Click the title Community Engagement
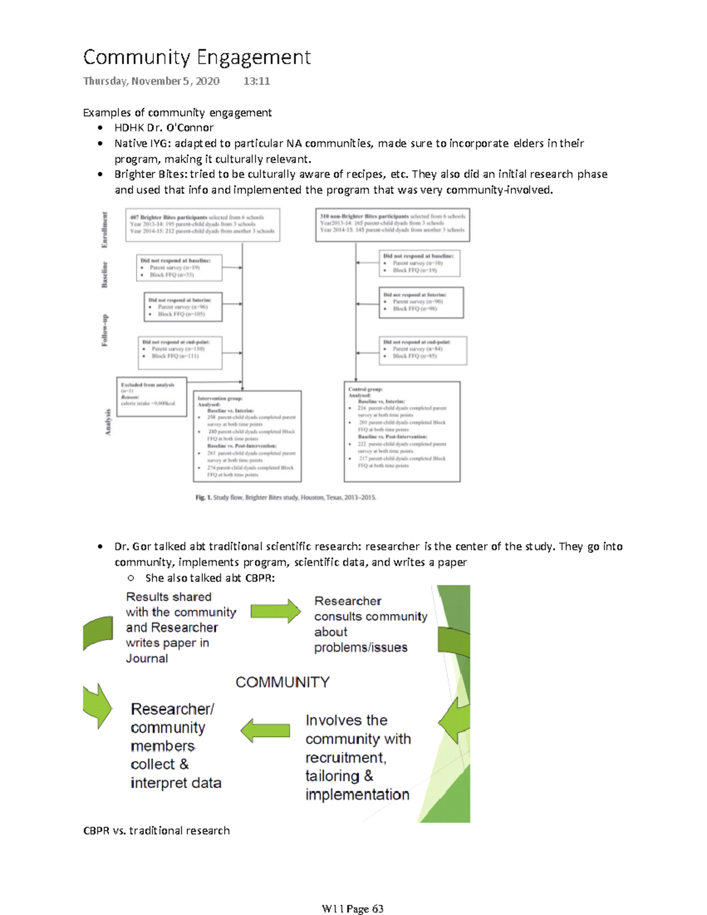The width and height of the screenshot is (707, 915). point(197,57)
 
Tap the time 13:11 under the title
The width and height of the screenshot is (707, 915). point(256,81)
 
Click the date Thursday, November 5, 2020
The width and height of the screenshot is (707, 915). point(151,81)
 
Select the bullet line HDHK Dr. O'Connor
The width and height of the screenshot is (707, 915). point(164,128)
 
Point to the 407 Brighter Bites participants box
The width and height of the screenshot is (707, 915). point(202,224)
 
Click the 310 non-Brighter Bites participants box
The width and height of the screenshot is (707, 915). point(392,224)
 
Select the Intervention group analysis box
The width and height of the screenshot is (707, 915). point(247,436)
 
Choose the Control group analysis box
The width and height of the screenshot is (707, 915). point(402,431)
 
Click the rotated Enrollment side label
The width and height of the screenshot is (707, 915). point(105,229)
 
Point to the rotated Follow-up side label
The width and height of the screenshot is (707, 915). point(105,330)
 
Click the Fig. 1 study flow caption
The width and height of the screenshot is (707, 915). point(286,498)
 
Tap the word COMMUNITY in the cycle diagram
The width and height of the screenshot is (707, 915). point(283,682)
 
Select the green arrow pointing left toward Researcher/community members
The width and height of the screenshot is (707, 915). point(265,731)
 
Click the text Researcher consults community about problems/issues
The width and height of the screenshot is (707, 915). point(370,625)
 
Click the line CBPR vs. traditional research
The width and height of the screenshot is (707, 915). point(156,831)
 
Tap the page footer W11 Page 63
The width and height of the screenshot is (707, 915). point(352,909)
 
